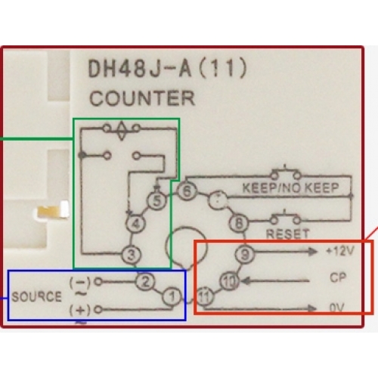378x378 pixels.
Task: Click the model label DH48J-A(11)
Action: pos(167,69)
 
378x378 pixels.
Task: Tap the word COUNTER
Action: pos(142,98)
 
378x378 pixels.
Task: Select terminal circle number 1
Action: pos(172,296)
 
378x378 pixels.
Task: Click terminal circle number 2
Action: pos(145,282)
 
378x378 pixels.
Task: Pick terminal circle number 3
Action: pos(132,255)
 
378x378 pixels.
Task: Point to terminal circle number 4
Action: pos(136,224)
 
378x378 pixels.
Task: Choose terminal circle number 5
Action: pos(156,201)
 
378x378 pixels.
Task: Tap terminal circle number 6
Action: pos(187,191)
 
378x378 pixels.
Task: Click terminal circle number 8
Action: pos(239,223)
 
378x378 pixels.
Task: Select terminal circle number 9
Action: pos(245,255)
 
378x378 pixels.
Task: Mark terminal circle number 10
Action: pos(229,281)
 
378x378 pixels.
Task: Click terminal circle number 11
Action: pos(204,296)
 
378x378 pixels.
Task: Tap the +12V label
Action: pos(340,251)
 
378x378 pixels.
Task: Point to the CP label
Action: pos(338,277)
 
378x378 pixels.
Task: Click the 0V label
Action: pos(337,308)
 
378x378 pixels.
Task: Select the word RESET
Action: pos(287,234)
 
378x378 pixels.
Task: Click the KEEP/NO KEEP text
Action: pos(290,187)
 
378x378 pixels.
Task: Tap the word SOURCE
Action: pos(37,296)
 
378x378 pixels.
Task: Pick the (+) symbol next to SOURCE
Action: pos(80,310)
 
